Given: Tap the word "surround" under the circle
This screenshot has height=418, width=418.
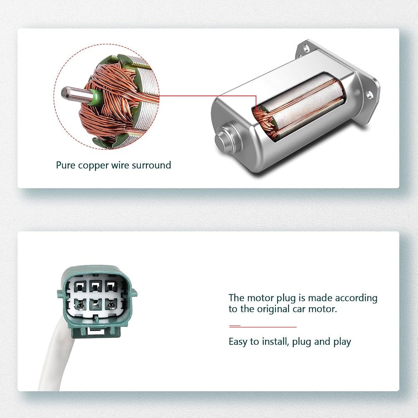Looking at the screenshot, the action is click(151, 165).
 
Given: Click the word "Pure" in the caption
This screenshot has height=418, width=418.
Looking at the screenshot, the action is click(63, 165).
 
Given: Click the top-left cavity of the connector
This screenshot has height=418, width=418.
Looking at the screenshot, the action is click(79, 288).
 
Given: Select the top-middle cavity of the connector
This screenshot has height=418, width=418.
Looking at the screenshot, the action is click(95, 287).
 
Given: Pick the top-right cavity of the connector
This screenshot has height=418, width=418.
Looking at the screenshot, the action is click(111, 287).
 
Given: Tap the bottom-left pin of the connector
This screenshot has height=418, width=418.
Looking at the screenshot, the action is click(79, 304).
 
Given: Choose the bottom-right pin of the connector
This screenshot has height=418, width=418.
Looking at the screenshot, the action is click(111, 304).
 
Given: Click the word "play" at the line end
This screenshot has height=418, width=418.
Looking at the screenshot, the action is click(342, 342).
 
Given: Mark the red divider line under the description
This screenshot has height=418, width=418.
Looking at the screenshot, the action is click(263, 326).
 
